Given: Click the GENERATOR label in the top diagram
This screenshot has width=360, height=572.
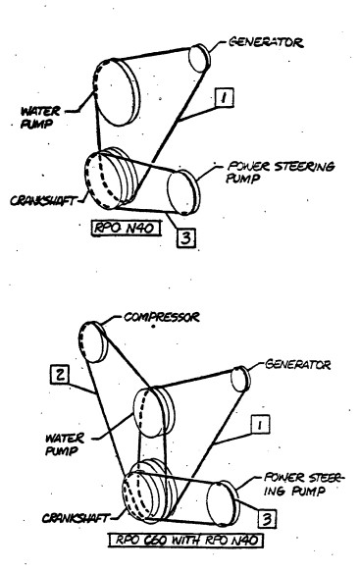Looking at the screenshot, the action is tap(266, 42).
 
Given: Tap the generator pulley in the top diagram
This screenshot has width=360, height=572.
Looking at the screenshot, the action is tap(199, 58).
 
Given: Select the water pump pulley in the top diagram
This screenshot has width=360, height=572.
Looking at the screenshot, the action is tap(117, 92).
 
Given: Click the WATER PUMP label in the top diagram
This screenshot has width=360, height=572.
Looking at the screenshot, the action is tap(40, 117).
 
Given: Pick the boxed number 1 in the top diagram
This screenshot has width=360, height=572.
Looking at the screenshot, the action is tap(225, 97).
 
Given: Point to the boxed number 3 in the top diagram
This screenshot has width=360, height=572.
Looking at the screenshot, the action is tap(186, 238).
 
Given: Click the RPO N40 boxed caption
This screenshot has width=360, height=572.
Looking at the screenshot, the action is tap(127, 228).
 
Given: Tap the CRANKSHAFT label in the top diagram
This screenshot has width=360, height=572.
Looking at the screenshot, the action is tap(44, 200).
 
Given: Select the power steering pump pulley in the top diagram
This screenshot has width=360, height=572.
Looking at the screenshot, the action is tap(183, 192).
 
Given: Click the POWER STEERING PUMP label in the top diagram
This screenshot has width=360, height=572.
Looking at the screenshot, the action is tap(281, 172).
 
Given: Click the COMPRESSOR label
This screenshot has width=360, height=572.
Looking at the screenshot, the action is tap(162, 317).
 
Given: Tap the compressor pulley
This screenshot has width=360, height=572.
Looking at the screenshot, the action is tap(94, 342).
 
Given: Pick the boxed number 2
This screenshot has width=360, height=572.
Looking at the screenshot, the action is tap(60, 374).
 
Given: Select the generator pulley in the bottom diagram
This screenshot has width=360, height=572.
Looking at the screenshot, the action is tap(240, 380).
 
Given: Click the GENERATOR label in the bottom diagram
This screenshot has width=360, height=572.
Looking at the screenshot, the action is tap(297, 364).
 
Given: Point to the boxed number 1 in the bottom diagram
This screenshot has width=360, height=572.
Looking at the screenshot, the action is tap(260, 424).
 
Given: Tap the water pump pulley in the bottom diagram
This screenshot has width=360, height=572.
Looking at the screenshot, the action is tap(153, 412).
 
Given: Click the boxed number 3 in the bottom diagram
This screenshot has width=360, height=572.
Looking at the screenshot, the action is tap(267, 518).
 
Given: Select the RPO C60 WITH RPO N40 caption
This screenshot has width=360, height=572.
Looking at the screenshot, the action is tap(185, 540).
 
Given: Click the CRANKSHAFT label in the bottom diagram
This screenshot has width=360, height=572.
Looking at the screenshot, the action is tap(76, 518).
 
